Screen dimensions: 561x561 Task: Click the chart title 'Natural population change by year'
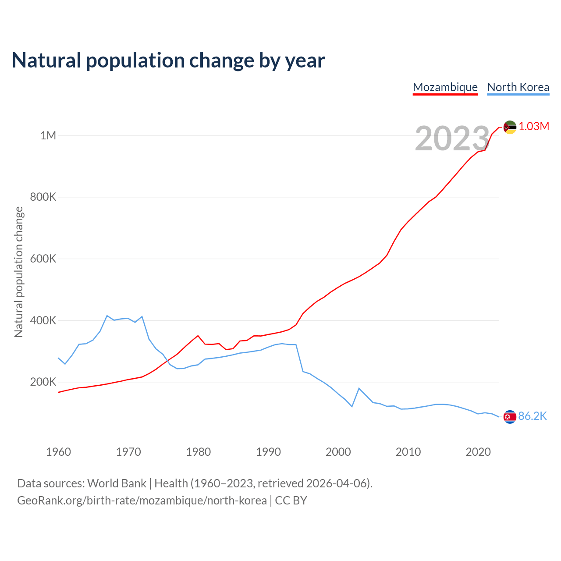coord(168,60)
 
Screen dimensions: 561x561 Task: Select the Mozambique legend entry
coord(445,87)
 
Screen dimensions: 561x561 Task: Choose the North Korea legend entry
coord(518,87)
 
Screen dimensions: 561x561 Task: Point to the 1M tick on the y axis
coord(48,135)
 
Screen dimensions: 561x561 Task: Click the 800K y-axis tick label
coord(43,197)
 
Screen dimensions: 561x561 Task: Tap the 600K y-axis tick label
coord(43,259)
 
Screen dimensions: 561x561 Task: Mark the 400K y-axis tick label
coord(43,320)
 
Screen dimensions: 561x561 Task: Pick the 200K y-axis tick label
coord(43,382)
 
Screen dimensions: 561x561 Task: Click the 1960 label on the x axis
coord(58,452)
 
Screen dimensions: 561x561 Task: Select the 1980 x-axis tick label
coord(198,452)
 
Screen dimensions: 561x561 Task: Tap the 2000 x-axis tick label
coord(338,452)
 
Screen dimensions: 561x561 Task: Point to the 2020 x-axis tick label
coord(478,452)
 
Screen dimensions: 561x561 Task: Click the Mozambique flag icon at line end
coord(510,127)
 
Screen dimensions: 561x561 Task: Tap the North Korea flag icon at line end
coord(510,417)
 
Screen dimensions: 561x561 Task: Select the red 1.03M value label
coord(534,127)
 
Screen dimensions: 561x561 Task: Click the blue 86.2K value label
coord(533,416)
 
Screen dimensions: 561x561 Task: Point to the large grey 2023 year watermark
coord(452,139)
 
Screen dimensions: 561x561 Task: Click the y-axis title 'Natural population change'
coord(19,272)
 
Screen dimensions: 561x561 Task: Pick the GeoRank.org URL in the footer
coord(142,501)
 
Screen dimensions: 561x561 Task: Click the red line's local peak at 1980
coord(198,336)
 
